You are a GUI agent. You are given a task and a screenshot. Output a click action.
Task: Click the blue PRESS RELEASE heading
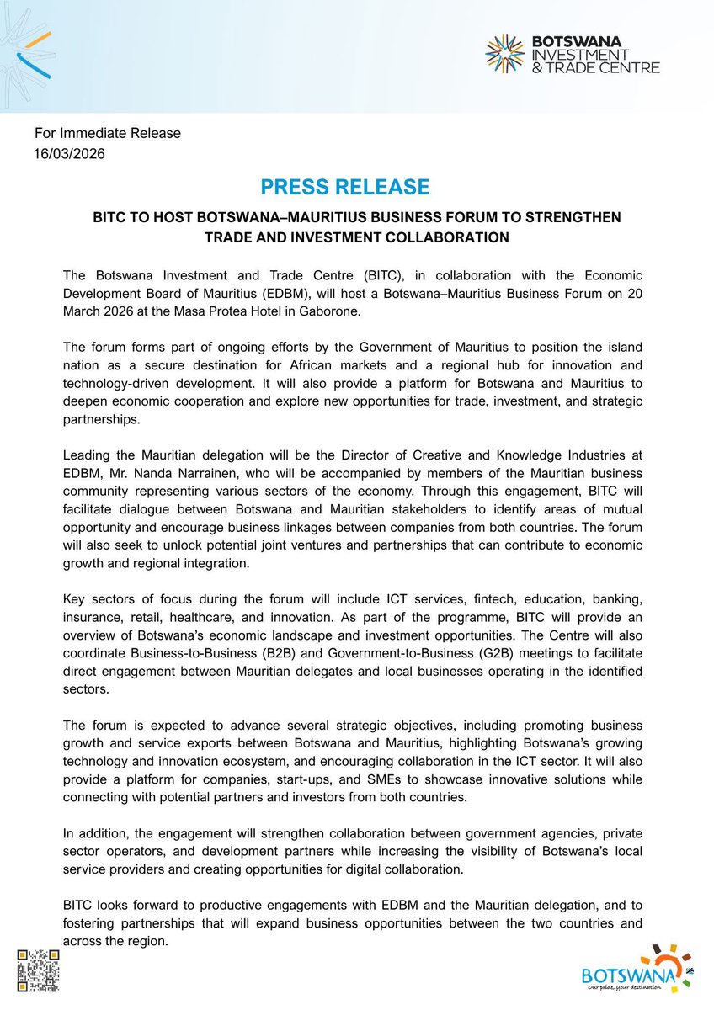(x=344, y=187)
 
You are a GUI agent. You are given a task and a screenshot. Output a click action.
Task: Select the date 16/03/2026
(x=69, y=154)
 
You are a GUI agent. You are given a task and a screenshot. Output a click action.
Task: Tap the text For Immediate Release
(x=107, y=133)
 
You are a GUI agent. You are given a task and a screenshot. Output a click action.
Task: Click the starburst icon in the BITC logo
(x=505, y=53)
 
